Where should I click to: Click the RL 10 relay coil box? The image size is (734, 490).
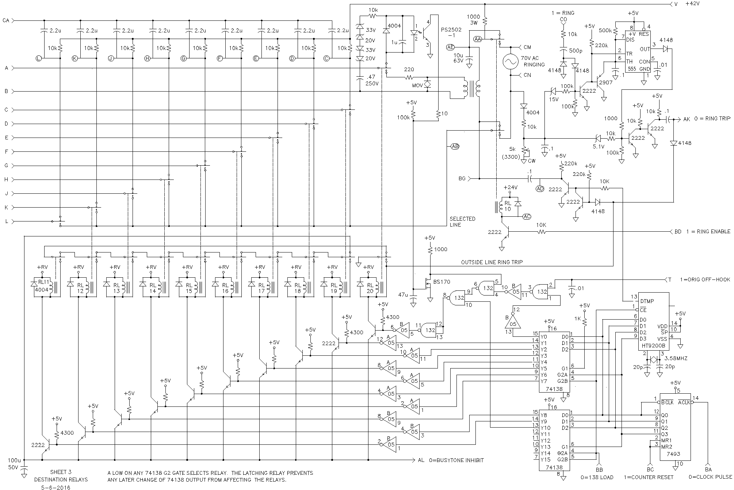tap(508, 206)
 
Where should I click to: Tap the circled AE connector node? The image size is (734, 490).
tap(450, 47)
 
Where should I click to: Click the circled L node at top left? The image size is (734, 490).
tap(39, 58)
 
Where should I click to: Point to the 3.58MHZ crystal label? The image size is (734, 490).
tap(676, 359)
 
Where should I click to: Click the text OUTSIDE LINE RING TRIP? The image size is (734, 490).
tap(491, 262)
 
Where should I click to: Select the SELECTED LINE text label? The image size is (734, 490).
tap(462, 222)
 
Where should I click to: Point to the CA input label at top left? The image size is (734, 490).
tap(6, 20)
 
